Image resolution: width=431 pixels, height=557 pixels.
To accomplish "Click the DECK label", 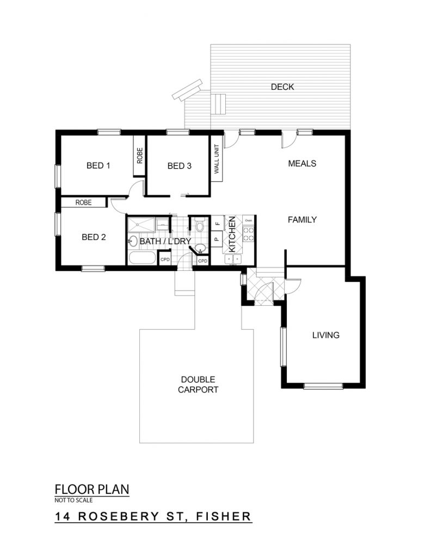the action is tap(282, 86).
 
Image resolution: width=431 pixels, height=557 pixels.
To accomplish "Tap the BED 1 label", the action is tap(98, 165).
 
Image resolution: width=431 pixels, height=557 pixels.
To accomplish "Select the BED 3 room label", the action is tap(179, 166).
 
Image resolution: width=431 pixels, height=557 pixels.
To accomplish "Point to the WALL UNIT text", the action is tap(217, 159).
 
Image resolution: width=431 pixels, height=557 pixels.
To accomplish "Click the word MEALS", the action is tap(302, 163).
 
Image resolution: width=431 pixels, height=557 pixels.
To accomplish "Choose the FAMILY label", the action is tap(302, 220).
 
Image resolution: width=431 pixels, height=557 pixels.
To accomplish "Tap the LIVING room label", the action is tap(326, 335).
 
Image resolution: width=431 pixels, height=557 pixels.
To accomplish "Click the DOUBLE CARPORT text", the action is tap(198, 385).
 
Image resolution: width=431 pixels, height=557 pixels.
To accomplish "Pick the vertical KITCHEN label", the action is tap(232, 235).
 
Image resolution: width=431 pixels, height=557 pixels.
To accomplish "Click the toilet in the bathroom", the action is tap(200, 225).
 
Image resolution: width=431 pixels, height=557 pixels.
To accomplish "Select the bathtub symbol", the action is tap(142, 258).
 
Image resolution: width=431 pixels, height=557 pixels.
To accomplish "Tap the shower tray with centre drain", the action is tap(141, 224).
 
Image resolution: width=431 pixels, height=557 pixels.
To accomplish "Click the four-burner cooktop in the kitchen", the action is tap(248, 234).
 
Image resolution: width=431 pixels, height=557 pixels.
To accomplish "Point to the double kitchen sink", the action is tap(233, 259).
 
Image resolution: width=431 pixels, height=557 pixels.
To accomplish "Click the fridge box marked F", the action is tap(217, 223).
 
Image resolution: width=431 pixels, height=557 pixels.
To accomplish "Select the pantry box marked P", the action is tap(217, 239).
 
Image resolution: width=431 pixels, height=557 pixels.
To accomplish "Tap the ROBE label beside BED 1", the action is tap(140, 156).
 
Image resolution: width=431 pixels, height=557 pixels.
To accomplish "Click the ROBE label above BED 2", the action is tap(83, 202).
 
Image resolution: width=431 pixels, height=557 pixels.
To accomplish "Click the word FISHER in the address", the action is tap(224, 516).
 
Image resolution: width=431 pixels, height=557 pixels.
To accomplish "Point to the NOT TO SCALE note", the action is tap(73, 500).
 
